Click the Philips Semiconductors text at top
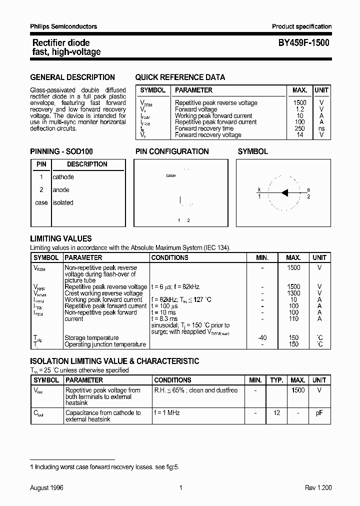pos(63,26)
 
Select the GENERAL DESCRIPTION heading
pos(72,77)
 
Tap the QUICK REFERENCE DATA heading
pos(180,77)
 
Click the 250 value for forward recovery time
pos(300,128)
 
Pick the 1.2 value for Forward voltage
pos(300,109)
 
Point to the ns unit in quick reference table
pos(321,128)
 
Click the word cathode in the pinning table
pos(63,177)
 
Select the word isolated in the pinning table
pos(63,202)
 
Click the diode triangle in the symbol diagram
pos(285,192)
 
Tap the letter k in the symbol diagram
pos(259,189)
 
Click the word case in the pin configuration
pos(170,175)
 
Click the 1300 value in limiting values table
pos(293,293)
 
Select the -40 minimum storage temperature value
pos(262,338)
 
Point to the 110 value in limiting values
pos(293,318)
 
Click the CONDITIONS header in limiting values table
pos(170,257)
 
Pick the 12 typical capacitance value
pos(276,413)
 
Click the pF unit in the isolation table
pos(319,413)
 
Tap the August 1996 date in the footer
pos(47,488)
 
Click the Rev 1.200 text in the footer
pos(318,488)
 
